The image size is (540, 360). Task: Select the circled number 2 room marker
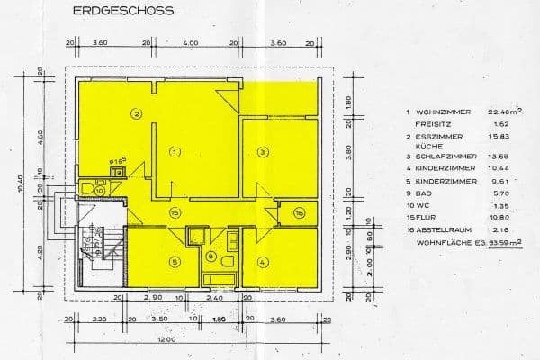135,113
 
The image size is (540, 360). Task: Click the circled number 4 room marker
262,263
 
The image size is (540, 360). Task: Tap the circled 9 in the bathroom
211,256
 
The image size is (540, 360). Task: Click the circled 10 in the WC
99,190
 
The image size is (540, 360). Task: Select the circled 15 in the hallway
175,212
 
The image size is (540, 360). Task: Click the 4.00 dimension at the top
190,42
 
